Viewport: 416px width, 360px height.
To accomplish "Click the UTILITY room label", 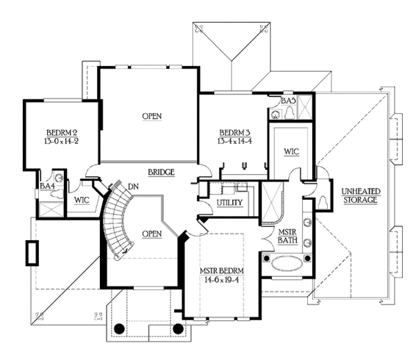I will [228, 202].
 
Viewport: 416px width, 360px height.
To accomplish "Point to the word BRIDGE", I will [160, 172].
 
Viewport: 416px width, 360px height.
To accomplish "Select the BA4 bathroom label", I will [46, 186].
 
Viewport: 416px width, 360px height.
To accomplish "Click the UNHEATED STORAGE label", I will [358, 195].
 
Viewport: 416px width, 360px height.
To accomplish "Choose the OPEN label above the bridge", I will [153, 116].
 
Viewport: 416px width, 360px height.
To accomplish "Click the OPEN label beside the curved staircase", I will [150, 233].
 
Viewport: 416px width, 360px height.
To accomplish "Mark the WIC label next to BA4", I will [81, 200].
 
